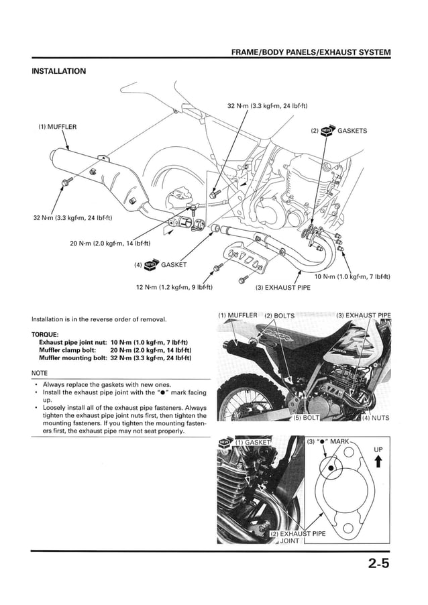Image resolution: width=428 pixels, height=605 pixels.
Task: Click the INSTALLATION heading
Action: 59,71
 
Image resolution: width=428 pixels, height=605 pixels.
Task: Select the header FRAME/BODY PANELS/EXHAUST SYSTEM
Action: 311,52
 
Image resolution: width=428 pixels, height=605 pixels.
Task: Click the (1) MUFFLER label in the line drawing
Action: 57,126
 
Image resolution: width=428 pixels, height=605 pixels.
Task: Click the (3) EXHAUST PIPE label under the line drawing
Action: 282,288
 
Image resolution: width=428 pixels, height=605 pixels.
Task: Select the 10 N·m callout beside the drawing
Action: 352,276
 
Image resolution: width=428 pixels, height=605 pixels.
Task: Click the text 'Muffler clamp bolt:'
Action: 70,349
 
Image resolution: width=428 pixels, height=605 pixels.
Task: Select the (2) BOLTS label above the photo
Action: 280,315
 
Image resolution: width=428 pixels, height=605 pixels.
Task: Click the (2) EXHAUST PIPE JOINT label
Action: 297,537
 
